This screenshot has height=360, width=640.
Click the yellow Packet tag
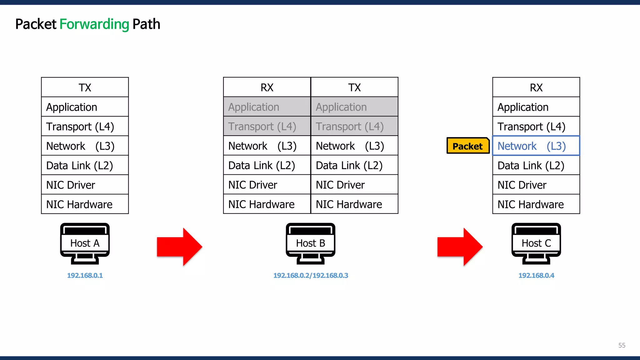click(x=467, y=146)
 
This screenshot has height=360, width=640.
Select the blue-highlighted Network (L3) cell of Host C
click(x=536, y=146)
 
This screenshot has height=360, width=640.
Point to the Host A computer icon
click(x=85, y=243)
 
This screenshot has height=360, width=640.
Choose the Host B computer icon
click(x=310, y=243)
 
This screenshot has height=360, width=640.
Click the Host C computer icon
click(x=536, y=243)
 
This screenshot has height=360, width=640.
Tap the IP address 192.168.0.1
click(x=85, y=276)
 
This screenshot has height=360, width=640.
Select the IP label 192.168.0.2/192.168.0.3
click(x=311, y=276)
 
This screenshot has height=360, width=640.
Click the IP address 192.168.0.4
click(x=536, y=276)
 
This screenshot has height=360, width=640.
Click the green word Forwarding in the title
click(x=94, y=24)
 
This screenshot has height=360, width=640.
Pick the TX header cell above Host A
click(x=85, y=87)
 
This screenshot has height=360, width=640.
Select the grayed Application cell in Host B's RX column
click(x=267, y=107)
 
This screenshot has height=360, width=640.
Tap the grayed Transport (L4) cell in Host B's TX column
click(x=354, y=126)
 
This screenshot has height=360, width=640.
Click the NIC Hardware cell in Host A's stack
click(x=85, y=204)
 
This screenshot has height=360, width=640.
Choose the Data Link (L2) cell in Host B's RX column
click(x=267, y=165)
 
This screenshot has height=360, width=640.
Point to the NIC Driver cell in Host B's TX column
click(x=354, y=185)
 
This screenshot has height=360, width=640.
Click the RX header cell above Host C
click(x=536, y=87)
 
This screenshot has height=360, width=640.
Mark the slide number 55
click(x=622, y=345)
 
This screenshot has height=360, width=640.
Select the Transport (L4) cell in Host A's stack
click(x=85, y=126)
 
